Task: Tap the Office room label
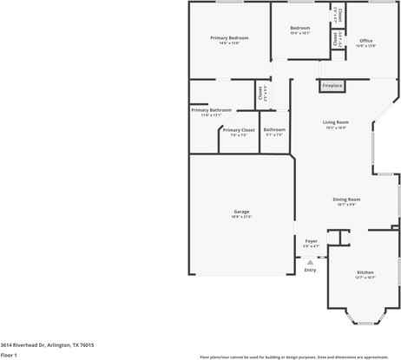pyautogui.click(x=365, y=41)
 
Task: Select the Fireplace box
pyautogui.click(x=332, y=85)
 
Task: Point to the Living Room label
pyautogui.click(x=336, y=122)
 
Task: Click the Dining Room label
pyautogui.click(x=346, y=200)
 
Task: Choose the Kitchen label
pyautogui.click(x=365, y=272)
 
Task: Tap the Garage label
pyautogui.click(x=241, y=212)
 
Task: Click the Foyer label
pyautogui.click(x=311, y=241)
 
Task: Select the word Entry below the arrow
pyautogui.click(x=310, y=270)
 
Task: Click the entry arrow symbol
pyautogui.click(x=310, y=260)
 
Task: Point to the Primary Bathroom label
pyautogui.click(x=212, y=110)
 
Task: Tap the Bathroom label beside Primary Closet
pyautogui.click(x=274, y=130)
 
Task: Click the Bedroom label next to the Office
pyautogui.click(x=299, y=28)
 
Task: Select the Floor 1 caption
pyautogui.click(x=10, y=355)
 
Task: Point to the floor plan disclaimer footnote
pyautogui.click(x=293, y=357)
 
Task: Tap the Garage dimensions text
pyautogui.click(x=241, y=217)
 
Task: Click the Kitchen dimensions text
pyautogui.click(x=365, y=278)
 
